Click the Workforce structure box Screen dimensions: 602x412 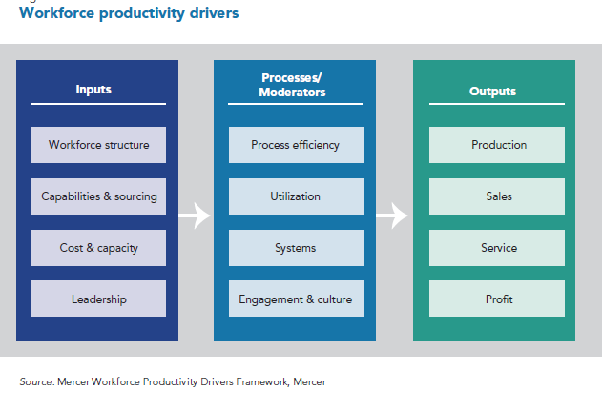pyautogui.click(x=98, y=145)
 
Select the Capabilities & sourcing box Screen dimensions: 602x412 pyautogui.click(x=98, y=196)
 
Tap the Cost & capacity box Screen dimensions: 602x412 pyautogui.click(x=98, y=248)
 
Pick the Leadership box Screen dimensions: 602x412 pyautogui.click(x=98, y=299)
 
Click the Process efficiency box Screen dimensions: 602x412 pyautogui.click(x=297, y=145)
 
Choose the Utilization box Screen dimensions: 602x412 pyautogui.click(x=297, y=196)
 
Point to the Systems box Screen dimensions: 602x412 pyautogui.click(x=297, y=248)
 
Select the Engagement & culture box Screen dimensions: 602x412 pyautogui.click(x=297, y=299)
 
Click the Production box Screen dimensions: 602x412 pyautogui.click(x=497, y=145)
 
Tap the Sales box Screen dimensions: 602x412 pyautogui.click(x=497, y=196)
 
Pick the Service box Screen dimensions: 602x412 pyautogui.click(x=497, y=248)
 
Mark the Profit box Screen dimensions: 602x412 pyautogui.click(x=497, y=299)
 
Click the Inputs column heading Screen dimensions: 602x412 pyautogui.click(x=93, y=90)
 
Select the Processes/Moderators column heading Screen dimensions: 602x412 pyautogui.click(x=292, y=85)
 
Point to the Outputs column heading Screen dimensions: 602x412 pyautogui.click(x=492, y=92)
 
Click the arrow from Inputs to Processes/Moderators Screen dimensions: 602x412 pyautogui.click(x=195, y=216)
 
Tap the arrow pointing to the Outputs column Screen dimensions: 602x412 pyautogui.click(x=392, y=216)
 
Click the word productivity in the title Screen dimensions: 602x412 pyautogui.click(x=142, y=13)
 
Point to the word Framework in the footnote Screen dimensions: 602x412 pyautogui.click(x=261, y=381)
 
